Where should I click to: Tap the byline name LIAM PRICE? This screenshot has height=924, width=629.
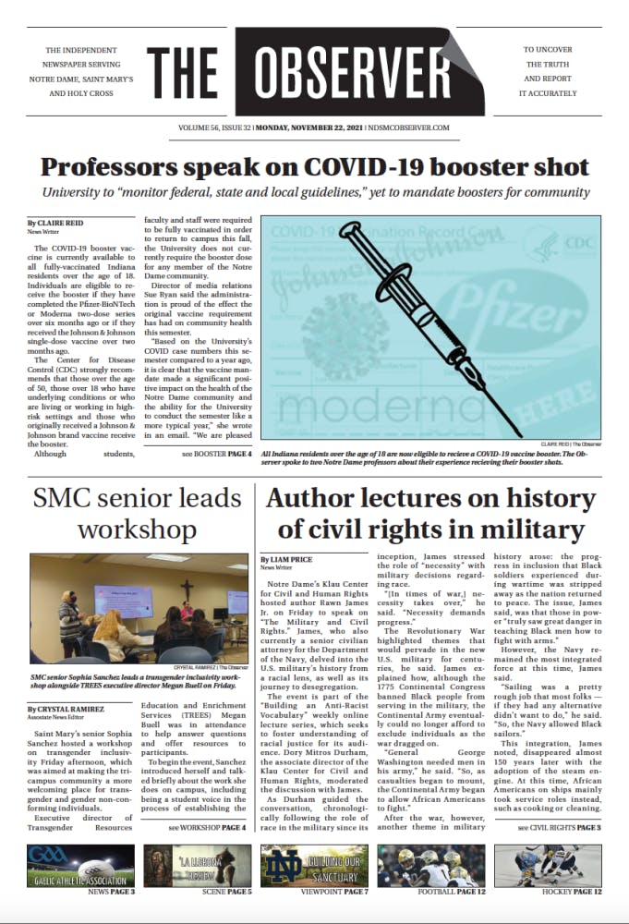[x=293, y=559]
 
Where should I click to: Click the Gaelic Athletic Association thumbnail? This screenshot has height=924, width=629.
[x=80, y=865]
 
